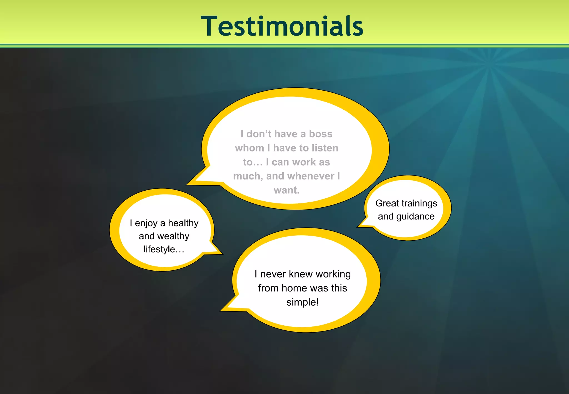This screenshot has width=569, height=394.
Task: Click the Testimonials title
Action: (282, 26)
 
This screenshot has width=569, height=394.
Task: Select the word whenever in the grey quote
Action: (311, 176)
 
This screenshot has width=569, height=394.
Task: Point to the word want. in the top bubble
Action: (286, 190)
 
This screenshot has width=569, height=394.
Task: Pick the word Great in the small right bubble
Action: (387, 203)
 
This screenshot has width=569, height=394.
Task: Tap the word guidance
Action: (415, 216)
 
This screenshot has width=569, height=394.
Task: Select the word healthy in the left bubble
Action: (183, 223)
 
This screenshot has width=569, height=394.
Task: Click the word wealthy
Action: (173, 236)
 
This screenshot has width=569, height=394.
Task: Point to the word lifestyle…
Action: (164, 249)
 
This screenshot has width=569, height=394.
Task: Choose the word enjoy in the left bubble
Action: (146, 223)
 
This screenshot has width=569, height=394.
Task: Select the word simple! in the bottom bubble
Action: (303, 302)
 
